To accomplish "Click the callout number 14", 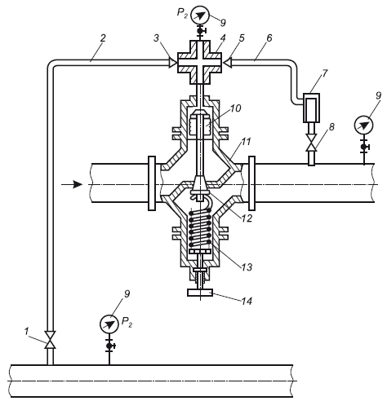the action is pyautogui.click(x=247, y=301).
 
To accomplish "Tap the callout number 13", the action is pyautogui.click(x=247, y=267).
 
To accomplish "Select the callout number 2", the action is pyautogui.click(x=103, y=38).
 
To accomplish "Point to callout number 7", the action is pyautogui.click(x=324, y=73).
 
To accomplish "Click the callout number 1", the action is pyautogui.click(x=26, y=332).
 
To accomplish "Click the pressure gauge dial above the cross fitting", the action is pyautogui.click(x=201, y=15).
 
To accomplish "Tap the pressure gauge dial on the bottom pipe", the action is pyautogui.click(x=109, y=324).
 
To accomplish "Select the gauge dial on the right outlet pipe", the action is pyautogui.click(x=364, y=125).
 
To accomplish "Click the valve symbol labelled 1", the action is pyautogui.click(x=51, y=340).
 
